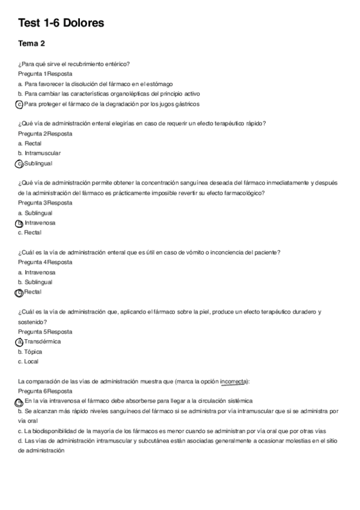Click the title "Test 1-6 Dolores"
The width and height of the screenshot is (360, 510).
click(x=61, y=23)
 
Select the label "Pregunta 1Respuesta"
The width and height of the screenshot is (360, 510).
click(x=45, y=73)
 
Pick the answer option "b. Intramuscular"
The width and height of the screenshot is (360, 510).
click(x=39, y=153)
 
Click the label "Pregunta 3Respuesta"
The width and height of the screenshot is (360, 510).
click(x=45, y=203)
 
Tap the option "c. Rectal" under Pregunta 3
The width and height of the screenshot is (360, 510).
click(x=31, y=232)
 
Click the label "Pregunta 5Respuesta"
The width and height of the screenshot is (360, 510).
click(x=45, y=331)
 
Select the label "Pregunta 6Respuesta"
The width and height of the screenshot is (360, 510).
click(x=45, y=391)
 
